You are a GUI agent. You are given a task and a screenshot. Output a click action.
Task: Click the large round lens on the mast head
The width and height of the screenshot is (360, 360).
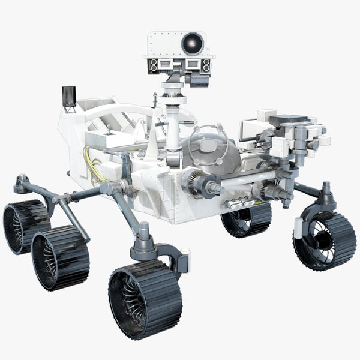coord(192,44)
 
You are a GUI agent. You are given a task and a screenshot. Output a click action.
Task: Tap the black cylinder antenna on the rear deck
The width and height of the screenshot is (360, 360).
coord(69,97)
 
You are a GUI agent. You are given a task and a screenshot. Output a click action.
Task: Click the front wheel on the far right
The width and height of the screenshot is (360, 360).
coord(324,240)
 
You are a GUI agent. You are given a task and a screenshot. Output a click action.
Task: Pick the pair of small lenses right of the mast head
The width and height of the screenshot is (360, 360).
coord(206,65)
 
